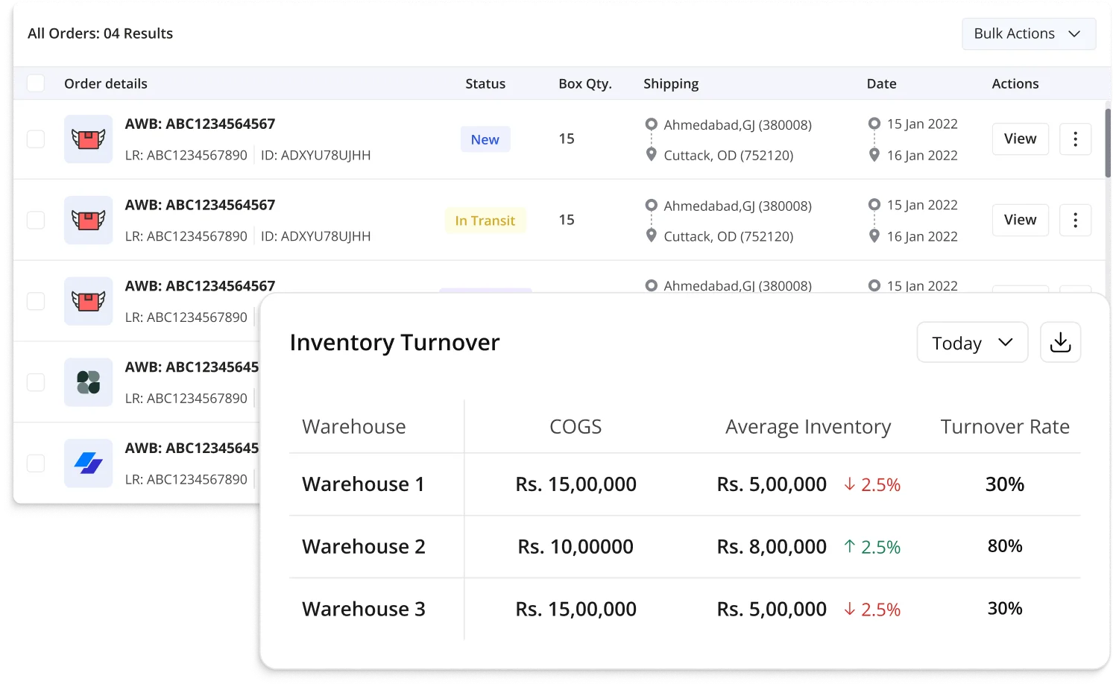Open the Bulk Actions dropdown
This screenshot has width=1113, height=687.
(x=1028, y=34)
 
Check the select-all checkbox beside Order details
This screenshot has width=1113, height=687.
(x=36, y=83)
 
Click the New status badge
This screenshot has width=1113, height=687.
(x=485, y=139)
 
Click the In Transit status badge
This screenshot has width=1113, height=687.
(x=485, y=221)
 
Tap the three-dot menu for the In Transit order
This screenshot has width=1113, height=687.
(x=1075, y=220)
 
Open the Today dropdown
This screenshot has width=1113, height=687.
(x=972, y=343)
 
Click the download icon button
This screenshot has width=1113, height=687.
(x=1060, y=343)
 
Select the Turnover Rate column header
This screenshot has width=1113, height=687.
(x=1004, y=427)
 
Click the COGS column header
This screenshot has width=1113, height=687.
(x=576, y=427)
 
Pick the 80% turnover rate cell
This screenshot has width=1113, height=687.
(x=1004, y=546)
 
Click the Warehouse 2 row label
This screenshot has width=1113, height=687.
(x=364, y=547)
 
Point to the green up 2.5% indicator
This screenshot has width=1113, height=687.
(x=872, y=547)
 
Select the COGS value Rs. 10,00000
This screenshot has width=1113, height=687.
(x=576, y=547)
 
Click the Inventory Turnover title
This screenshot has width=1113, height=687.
(x=394, y=343)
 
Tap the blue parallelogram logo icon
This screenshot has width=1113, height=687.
(x=88, y=463)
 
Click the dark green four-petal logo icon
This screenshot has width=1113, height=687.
(x=88, y=382)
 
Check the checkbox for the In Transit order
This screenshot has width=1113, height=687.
(x=36, y=220)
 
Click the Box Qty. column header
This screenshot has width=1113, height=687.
(x=585, y=84)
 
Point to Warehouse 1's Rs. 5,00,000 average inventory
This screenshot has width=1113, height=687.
(x=772, y=484)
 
